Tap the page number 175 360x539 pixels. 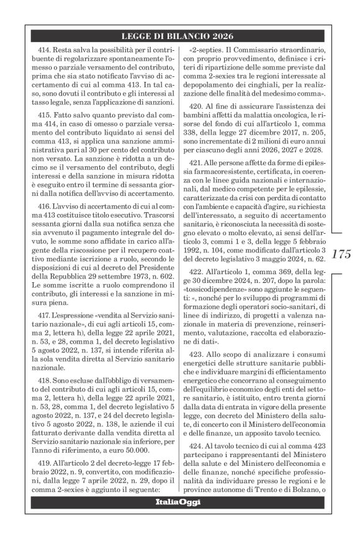point(341,254)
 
